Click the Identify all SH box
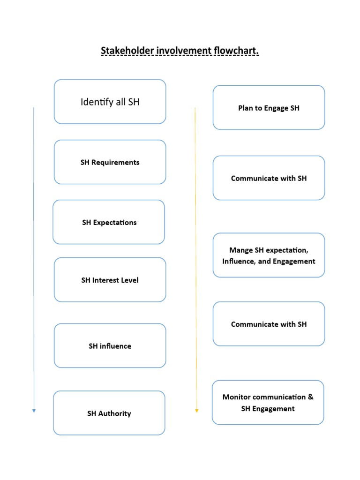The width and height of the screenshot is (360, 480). tap(110, 102)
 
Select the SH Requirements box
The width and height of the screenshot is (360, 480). tap(110, 162)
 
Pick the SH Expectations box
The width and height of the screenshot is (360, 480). tap(109, 222)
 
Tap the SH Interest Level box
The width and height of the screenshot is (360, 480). tap(110, 280)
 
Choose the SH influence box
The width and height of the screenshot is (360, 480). tap(110, 346)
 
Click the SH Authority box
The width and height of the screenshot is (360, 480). tap(109, 413)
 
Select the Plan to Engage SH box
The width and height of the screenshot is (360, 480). tap(269, 108)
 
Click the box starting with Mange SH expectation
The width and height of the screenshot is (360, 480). tap(269, 255)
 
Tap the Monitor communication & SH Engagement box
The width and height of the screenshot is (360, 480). tap(268, 403)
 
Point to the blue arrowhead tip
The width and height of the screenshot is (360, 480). tap(34, 412)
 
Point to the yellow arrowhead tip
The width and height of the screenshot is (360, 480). tap(196, 412)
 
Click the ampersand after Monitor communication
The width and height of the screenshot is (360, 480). tap(310, 397)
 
